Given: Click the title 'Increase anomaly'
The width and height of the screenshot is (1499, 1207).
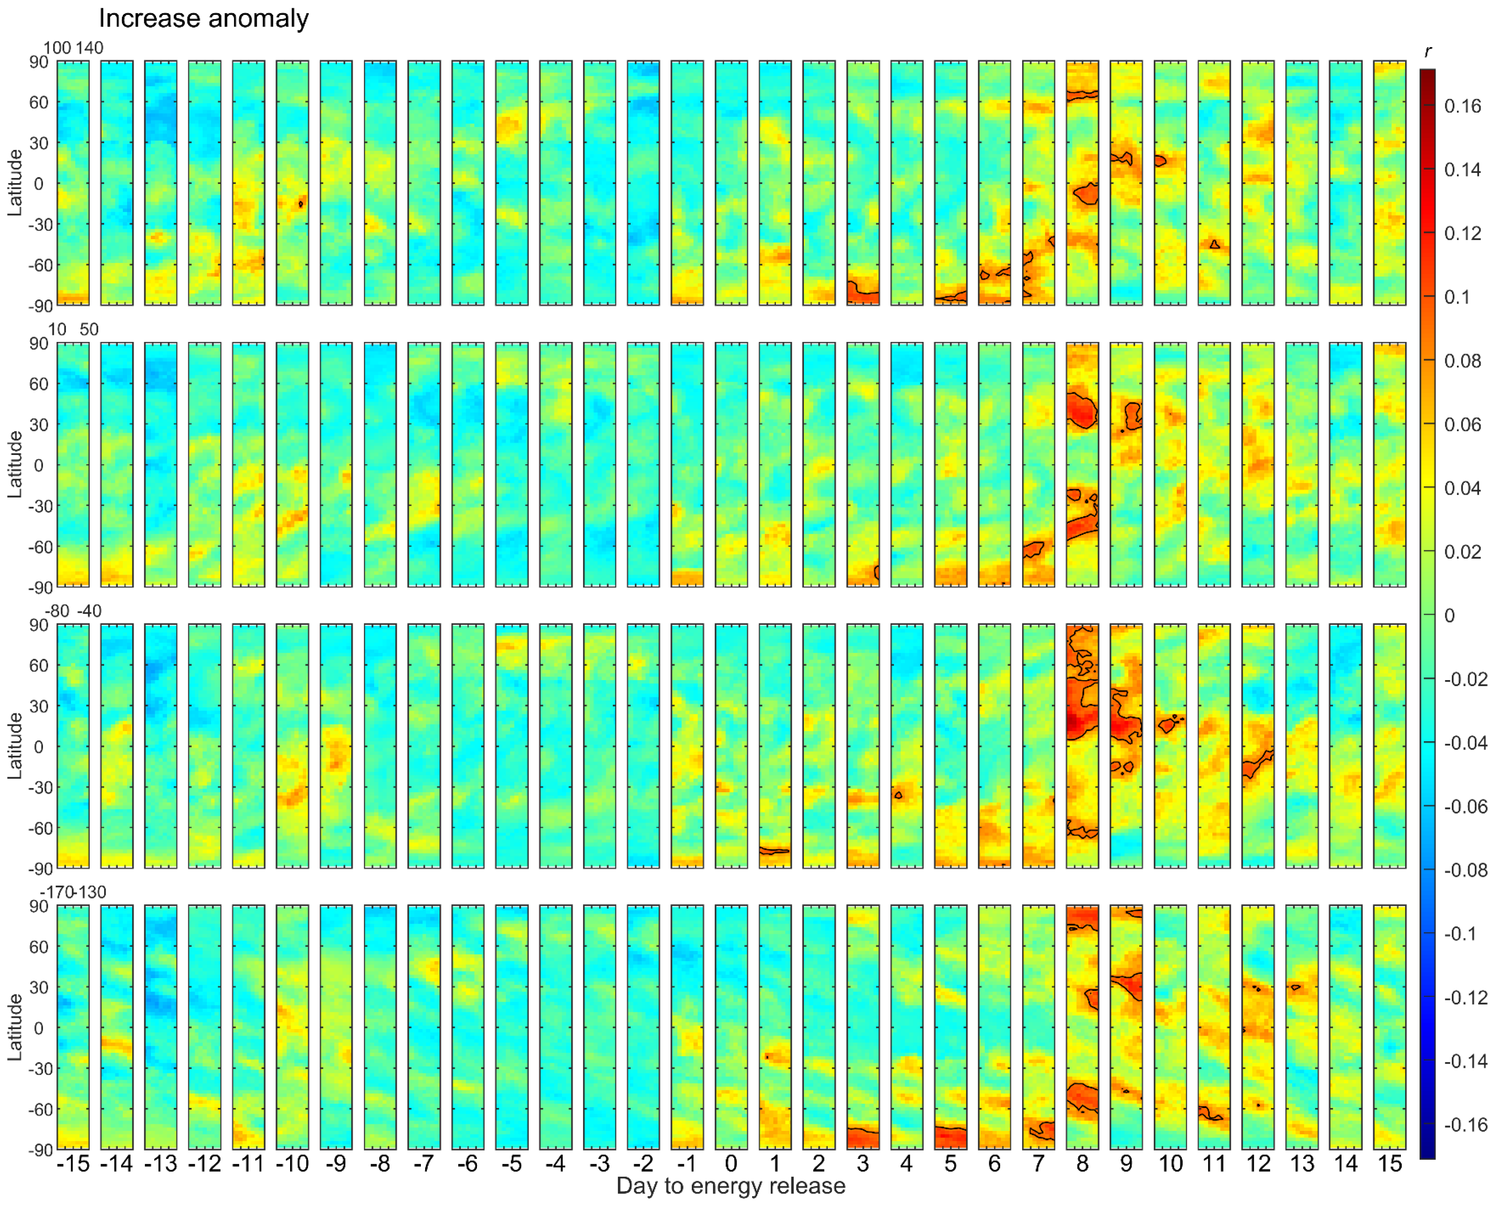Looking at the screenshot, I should tap(204, 18).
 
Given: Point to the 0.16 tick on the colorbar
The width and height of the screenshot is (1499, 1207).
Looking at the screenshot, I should tap(1462, 106).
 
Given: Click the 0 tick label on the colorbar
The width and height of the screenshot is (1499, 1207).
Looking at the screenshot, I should tap(1449, 615).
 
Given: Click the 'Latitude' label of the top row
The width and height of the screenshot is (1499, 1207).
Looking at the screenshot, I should tap(14, 184).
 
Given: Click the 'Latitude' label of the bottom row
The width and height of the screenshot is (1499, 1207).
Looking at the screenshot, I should tap(14, 1027).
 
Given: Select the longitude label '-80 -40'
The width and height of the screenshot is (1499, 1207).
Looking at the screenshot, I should tap(73, 611).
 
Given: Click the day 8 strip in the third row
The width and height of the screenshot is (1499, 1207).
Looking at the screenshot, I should tap(1082, 745).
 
